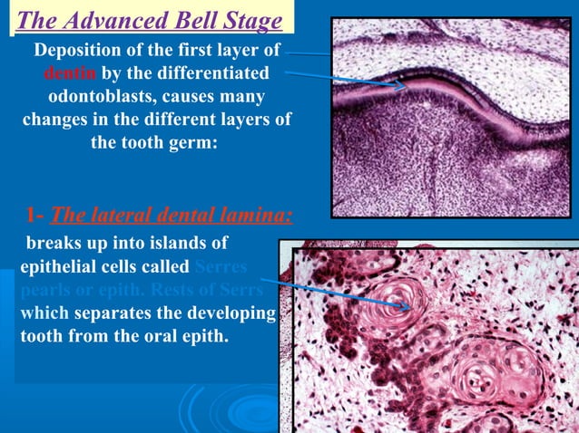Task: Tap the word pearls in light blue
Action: (x=42, y=291)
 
